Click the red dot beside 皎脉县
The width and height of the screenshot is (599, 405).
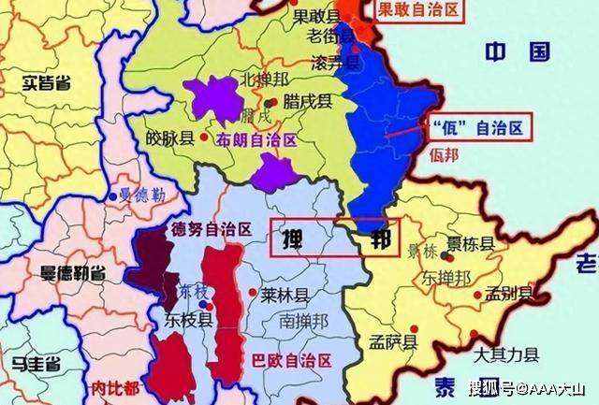(x=204, y=137)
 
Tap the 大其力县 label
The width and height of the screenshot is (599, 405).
(x=505, y=355)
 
